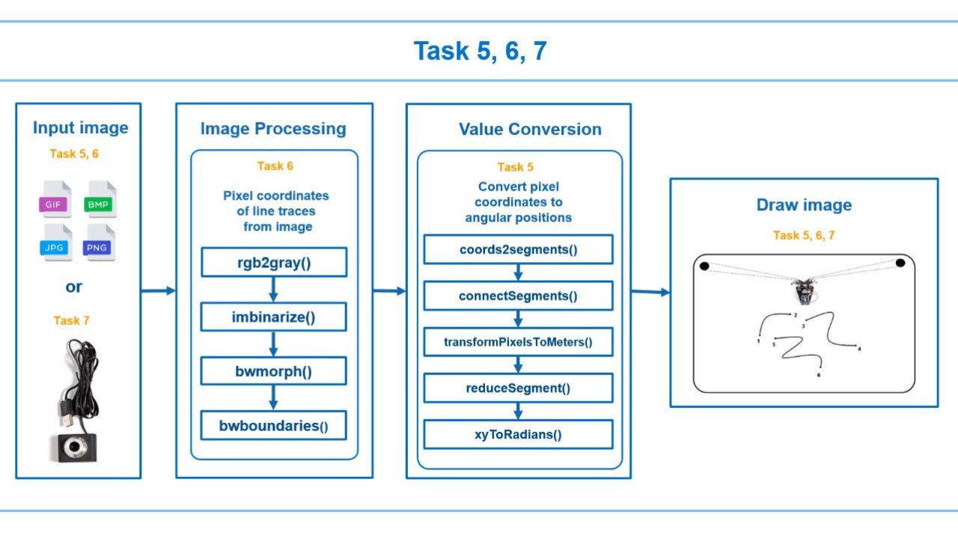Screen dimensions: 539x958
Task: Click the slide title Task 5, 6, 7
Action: pos(480,51)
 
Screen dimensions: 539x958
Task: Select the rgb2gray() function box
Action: pos(273,262)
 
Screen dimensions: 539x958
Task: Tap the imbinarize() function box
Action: pos(273,317)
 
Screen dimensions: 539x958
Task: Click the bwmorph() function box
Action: pos(273,371)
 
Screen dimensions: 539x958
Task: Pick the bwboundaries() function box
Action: pos(273,425)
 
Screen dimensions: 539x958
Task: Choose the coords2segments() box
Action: pos(518,249)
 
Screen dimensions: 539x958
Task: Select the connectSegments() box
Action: pos(518,296)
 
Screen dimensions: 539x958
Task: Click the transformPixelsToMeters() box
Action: pos(518,342)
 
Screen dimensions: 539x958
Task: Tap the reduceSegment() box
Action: pos(518,388)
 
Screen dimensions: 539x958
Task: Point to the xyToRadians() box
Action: pos(518,434)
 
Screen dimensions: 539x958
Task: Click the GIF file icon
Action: pos(55,199)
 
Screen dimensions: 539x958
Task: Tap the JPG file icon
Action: pos(55,243)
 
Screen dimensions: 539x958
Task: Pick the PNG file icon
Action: pos(100,243)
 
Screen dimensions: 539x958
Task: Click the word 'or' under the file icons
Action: pos(74,286)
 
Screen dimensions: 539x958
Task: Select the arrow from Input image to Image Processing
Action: pos(158,290)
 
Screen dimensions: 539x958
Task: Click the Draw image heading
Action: pos(804,205)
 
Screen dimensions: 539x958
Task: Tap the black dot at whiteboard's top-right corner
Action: pos(900,263)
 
